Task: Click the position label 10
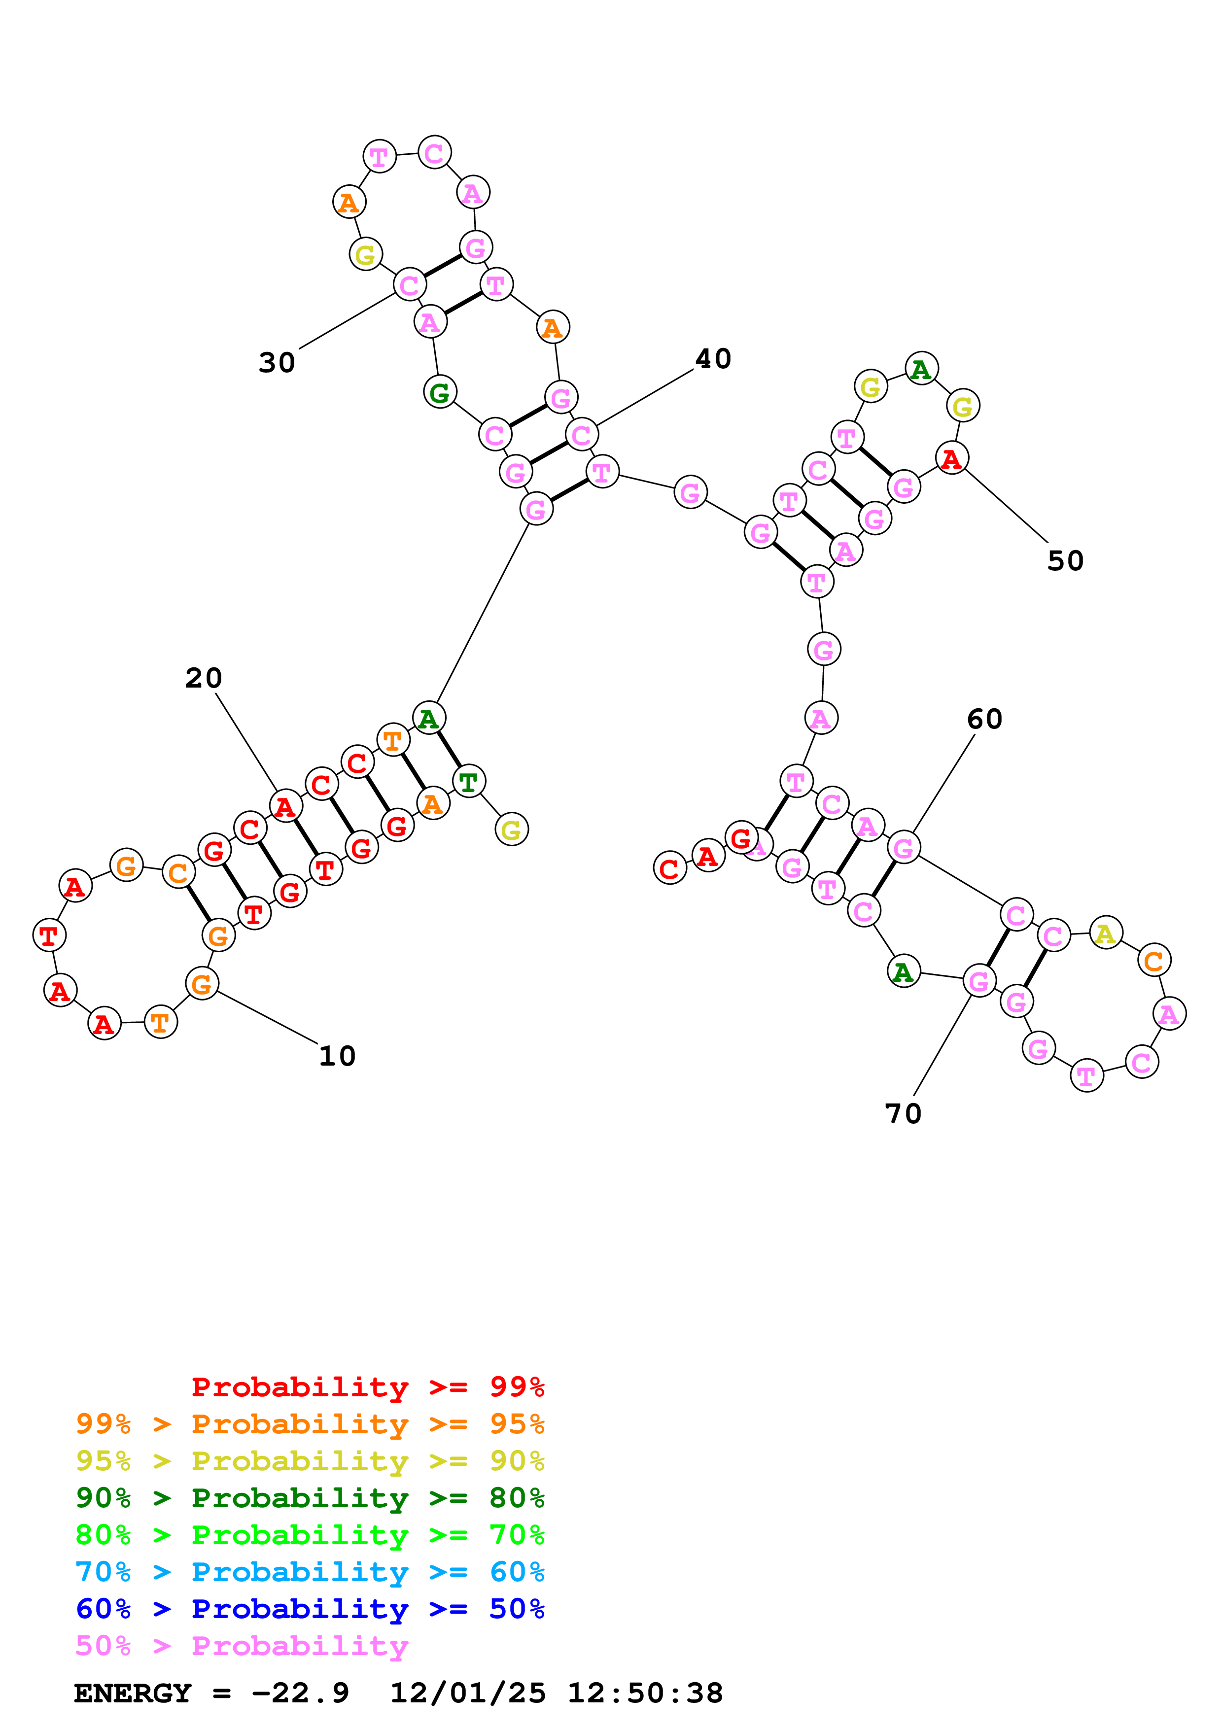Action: pos(337,1056)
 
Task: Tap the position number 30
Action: pos(277,362)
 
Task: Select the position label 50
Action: pos(1065,561)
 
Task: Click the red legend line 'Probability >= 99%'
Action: pos(367,1387)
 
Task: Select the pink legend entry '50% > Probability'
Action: pos(242,1645)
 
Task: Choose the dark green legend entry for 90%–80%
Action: pos(310,1498)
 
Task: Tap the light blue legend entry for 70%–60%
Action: pos(310,1572)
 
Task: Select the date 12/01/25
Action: pos(468,1693)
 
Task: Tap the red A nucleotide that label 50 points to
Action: pos(951,458)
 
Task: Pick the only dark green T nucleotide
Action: pos(468,782)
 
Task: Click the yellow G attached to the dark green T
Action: pos(511,830)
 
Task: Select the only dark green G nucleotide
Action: pos(440,391)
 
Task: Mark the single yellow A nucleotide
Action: pos(1105,934)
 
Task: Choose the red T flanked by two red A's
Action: pos(49,935)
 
